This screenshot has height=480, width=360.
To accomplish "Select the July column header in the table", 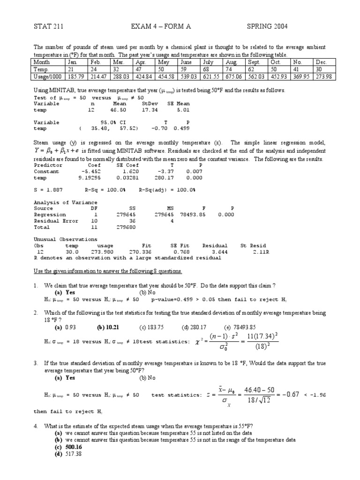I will [x=208, y=62].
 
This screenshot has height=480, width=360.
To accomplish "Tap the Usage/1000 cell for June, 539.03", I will [x=189, y=76].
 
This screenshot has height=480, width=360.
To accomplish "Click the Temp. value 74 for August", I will [x=228, y=69].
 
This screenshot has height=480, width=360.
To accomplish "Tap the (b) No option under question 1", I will [x=147, y=292].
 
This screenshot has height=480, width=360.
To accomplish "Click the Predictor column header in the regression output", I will [x=48, y=165].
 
